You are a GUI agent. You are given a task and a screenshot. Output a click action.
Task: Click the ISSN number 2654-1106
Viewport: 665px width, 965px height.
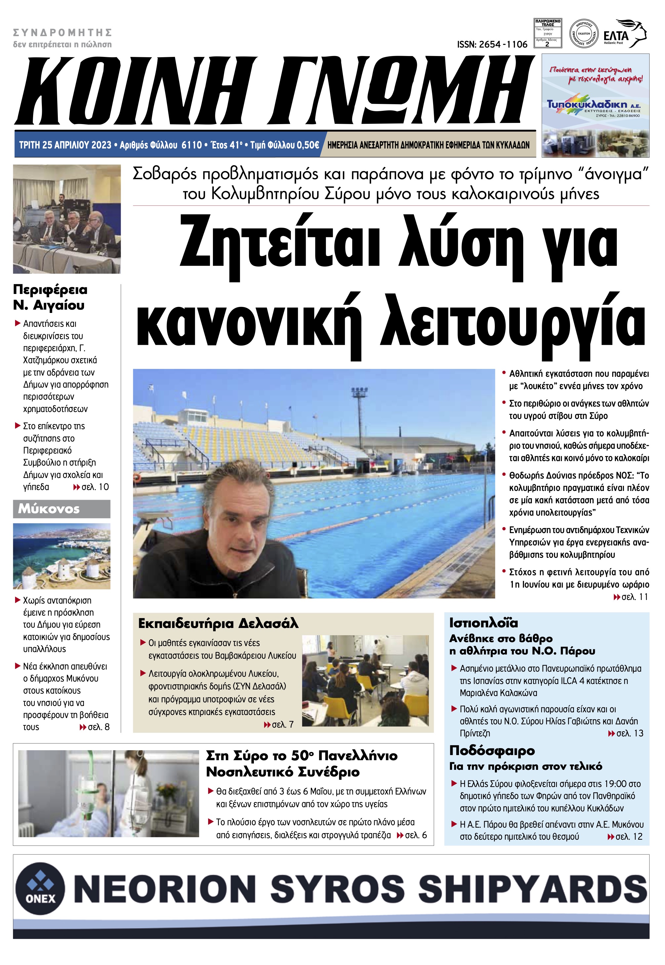pos(492,45)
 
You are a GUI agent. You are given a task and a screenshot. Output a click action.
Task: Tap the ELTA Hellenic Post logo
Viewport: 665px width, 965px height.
pos(625,34)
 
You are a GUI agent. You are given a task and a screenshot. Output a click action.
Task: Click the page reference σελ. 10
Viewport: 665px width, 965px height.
pos(95,487)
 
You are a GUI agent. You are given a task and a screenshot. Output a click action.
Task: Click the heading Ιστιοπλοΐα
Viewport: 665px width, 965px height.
pos(483,623)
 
